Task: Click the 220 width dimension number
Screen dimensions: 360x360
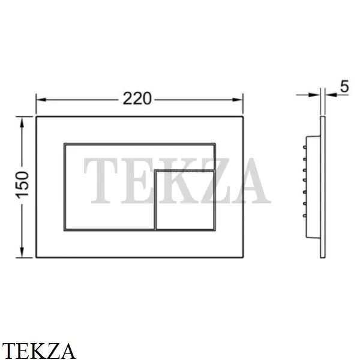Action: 137,99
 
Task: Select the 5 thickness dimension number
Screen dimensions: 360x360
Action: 344,86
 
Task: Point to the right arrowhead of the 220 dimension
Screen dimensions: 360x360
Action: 238,100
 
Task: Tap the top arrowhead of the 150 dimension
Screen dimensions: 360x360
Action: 22,122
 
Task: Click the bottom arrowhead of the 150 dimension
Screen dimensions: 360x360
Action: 22,253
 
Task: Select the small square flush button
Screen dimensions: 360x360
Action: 185,200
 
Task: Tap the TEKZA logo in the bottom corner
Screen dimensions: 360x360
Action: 38,351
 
